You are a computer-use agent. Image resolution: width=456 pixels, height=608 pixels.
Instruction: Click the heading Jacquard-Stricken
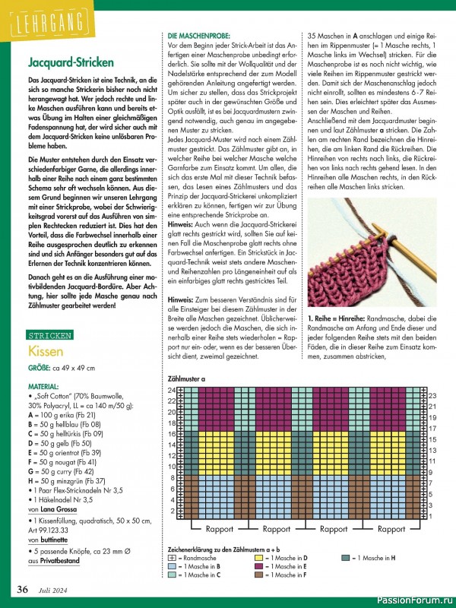(71, 62)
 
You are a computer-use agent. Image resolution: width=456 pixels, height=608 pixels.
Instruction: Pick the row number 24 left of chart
(171, 390)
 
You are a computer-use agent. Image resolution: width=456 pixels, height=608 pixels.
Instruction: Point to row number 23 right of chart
(433, 396)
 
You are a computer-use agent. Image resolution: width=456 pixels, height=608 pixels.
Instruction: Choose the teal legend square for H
(345, 557)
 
